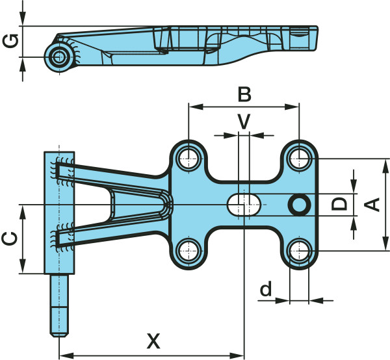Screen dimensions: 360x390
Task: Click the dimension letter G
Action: point(10,42)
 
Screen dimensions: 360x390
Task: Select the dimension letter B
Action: point(244,95)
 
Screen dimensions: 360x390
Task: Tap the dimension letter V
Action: point(244,122)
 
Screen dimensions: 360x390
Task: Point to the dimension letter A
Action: point(372,205)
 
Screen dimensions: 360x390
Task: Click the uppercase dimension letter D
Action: point(339,205)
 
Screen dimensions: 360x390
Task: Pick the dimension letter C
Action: point(10,238)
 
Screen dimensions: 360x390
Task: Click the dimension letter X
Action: point(153,341)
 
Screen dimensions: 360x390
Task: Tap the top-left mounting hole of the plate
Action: point(188,157)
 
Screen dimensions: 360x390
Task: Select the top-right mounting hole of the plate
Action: point(299,157)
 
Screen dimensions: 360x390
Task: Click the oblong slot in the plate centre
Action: point(244,205)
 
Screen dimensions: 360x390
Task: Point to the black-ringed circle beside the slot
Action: point(300,205)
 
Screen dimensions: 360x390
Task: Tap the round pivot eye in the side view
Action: point(60,56)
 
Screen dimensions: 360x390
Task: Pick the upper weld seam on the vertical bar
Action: point(64,171)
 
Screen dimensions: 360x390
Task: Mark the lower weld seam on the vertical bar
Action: point(64,237)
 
